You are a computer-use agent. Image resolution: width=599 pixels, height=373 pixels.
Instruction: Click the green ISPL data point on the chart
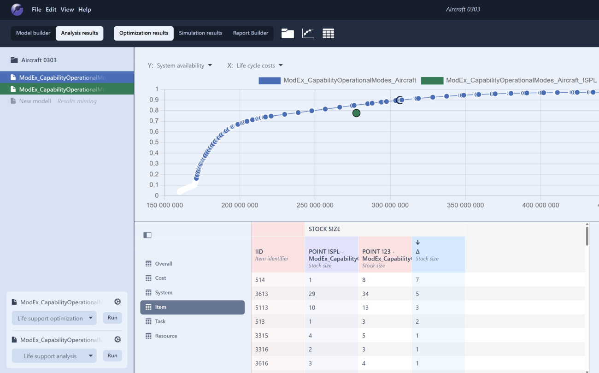tap(356, 113)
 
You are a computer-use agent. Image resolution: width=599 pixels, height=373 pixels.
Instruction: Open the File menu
tap(36, 10)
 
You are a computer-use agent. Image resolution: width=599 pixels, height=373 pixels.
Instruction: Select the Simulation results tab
tap(200, 33)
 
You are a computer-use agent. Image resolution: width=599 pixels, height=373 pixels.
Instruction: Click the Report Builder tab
tap(251, 33)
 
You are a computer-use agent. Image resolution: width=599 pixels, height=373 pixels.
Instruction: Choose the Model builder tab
tap(33, 33)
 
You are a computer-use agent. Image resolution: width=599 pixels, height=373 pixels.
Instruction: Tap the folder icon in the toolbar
tap(288, 33)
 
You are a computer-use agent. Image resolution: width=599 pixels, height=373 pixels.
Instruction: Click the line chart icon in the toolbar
tap(308, 33)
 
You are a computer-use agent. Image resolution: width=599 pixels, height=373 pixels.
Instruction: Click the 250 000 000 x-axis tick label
tap(315, 205)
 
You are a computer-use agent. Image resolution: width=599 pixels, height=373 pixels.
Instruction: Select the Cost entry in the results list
tap(160, 278)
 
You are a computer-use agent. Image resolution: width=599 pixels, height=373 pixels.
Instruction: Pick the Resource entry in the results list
tap(166, 336)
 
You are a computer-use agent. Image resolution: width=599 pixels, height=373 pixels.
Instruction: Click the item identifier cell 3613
tap(261, 294)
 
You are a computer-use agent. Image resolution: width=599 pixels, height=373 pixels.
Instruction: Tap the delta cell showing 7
tap(417, 280)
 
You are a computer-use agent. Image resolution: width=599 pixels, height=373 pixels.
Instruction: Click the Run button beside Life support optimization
tap(112, 318)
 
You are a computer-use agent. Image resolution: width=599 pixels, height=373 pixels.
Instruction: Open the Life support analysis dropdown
tap(54, 356)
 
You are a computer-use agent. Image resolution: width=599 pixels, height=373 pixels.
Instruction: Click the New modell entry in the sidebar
tap(35, 101)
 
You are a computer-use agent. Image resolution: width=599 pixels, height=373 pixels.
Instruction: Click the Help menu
tap(85, 10)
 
